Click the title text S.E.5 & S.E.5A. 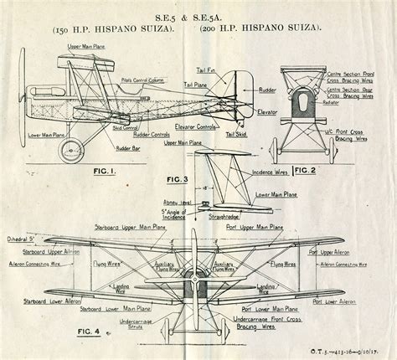point(198,15)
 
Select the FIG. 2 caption point(300,171)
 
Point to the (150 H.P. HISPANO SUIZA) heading point(115,29)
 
